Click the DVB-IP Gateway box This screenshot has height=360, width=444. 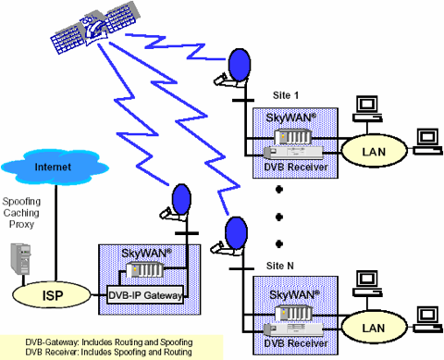click(146, 294)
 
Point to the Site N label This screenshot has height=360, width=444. click(270, 265)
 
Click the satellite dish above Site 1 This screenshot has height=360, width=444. click(238, 65)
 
